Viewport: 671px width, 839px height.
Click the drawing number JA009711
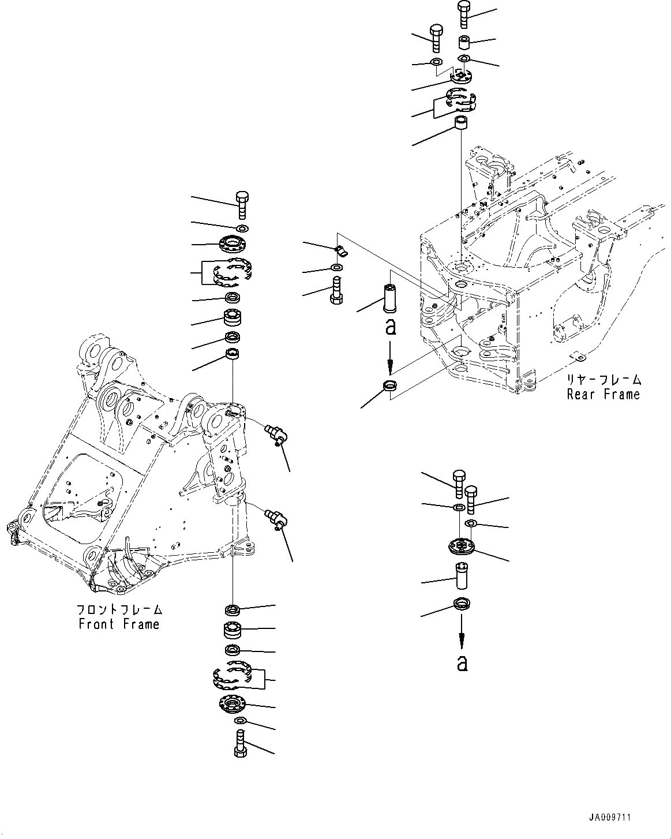610,818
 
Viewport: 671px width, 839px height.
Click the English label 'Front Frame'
119,624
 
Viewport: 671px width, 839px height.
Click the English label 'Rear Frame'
603,394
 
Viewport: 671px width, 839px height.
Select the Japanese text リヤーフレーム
603,380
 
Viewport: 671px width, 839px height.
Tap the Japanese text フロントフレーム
119,609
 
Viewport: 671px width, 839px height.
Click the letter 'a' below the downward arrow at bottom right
462,664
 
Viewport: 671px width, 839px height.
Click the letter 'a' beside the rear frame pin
391,327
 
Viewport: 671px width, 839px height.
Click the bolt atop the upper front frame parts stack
242,205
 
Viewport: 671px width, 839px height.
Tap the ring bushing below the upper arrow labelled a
390,387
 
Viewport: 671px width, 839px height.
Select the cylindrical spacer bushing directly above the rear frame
460,124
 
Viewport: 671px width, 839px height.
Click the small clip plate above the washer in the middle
340,250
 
